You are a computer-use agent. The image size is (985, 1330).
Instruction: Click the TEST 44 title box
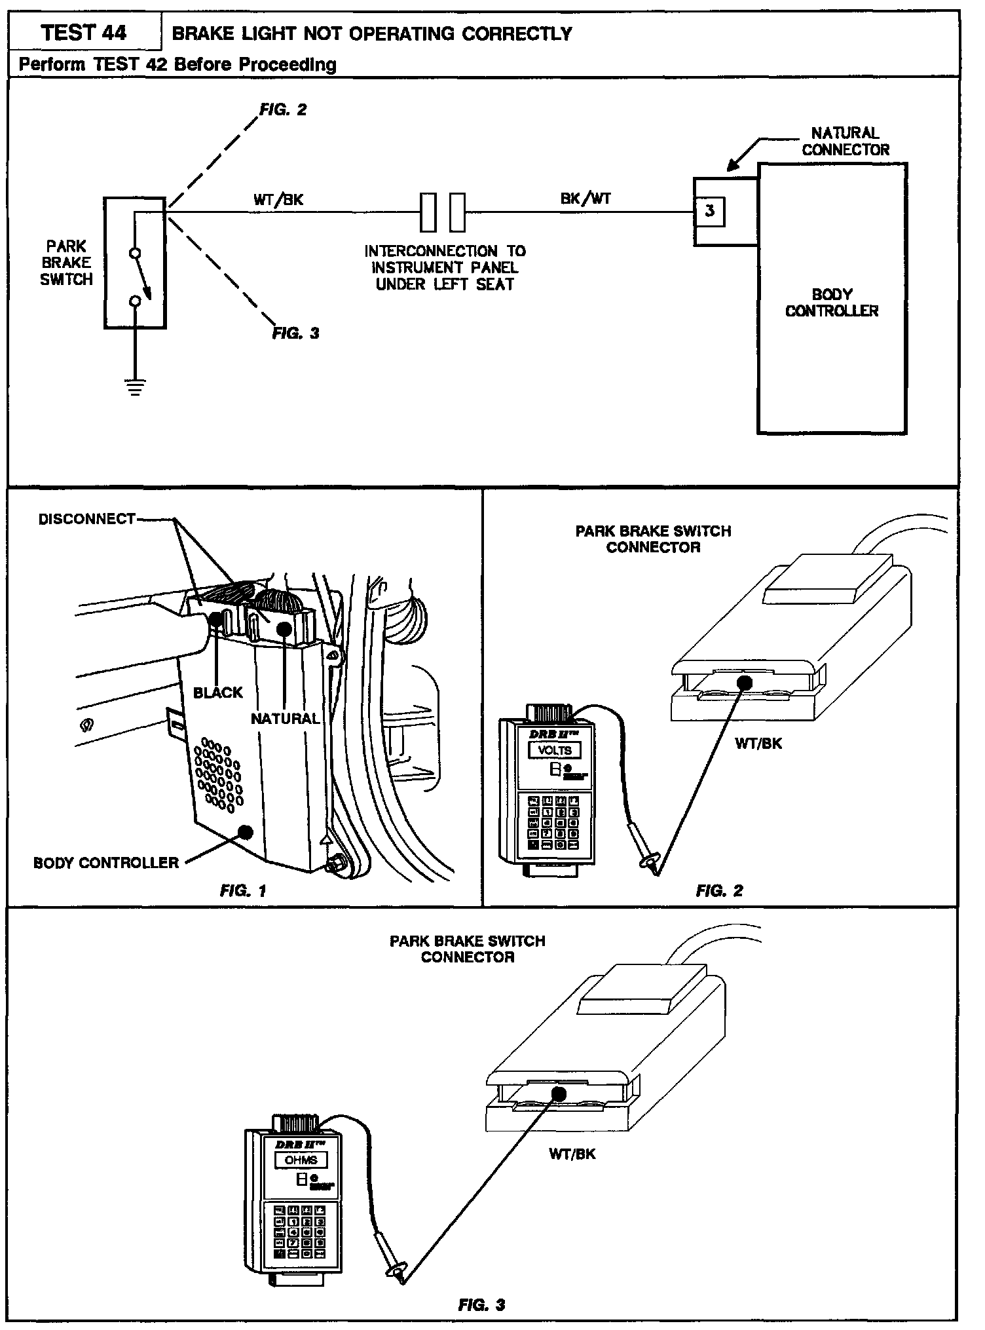click(x=84, y=33)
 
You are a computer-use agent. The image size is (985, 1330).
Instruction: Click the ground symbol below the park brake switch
click(x=135, y=389)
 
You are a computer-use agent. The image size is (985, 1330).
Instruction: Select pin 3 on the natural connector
click(x=710, y=211)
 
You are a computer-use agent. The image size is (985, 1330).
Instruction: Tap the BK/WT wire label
click(x=585, y=198)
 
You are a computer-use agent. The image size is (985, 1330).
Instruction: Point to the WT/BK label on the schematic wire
click(x=278, y=200)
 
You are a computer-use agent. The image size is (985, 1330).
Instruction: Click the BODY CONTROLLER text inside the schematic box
click(x=832, y=303)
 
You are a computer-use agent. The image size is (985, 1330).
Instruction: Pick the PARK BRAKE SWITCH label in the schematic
click(x=66, y=263)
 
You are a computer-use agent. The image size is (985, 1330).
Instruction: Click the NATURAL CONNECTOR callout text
click(x=845, y=142)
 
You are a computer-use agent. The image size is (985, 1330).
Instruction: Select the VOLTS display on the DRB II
click(x=555, y=750)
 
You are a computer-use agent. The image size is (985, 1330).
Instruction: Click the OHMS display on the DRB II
click(x=301, y=1160)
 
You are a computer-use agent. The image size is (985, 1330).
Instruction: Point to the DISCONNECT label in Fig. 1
click(x=86, y=520)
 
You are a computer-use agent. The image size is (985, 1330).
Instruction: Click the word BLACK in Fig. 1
click(x=217, y=693)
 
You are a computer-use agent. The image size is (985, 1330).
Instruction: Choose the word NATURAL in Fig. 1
click(x=285, y=719)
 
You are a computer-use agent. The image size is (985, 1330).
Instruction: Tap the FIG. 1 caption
click(x=243, y=890)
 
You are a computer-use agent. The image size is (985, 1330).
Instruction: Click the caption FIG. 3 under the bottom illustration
click(x=481, y=1305)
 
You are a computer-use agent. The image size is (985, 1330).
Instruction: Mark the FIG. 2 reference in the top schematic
click(x=283, y=109)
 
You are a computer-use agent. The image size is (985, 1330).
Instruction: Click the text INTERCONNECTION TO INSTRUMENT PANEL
click(x=445, y=259)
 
